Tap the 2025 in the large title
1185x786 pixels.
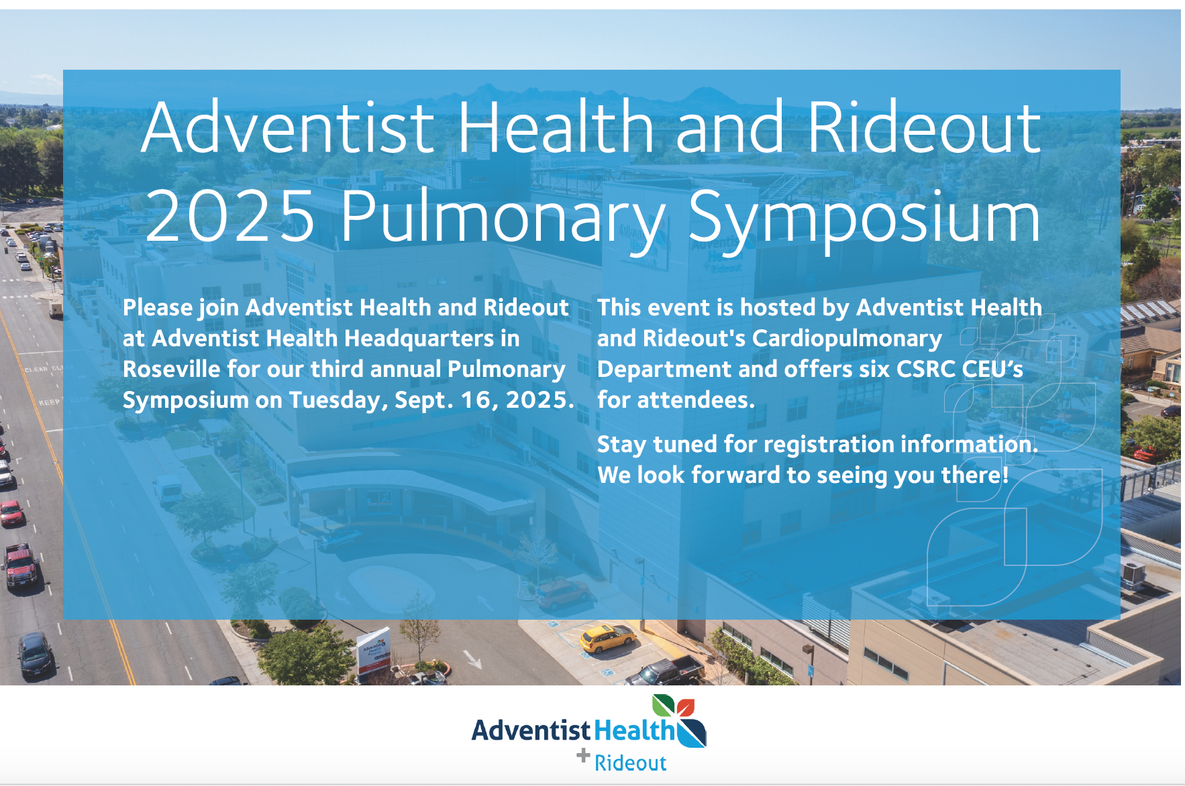point(229,216)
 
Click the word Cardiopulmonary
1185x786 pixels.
point(847,339)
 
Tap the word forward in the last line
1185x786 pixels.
point(736,475)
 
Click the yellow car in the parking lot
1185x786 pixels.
point(607,638)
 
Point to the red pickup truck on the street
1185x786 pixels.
point(21,565)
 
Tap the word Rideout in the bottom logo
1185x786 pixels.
point(630,763)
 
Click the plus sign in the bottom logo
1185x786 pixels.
point(583,756)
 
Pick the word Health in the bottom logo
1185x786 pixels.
point(634,730)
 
